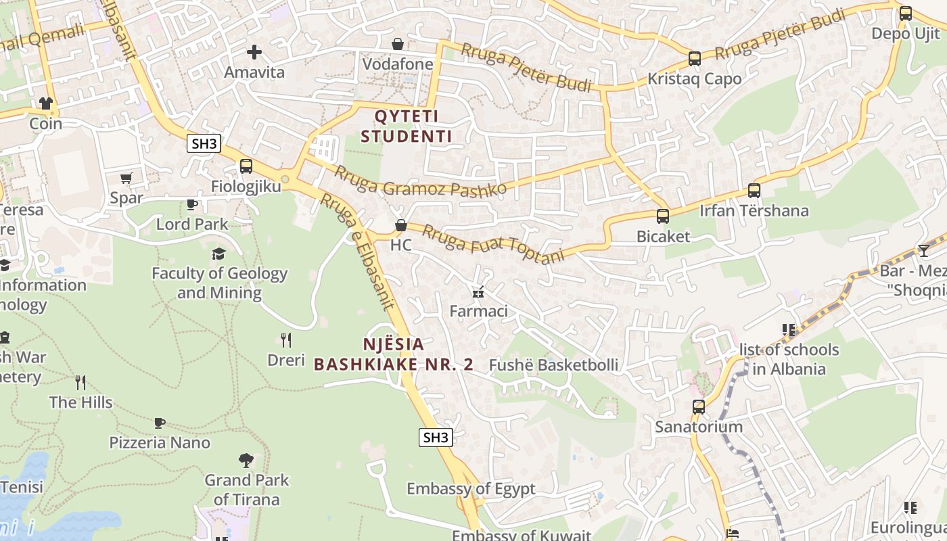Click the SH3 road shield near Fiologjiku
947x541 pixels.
[x=204, y=143]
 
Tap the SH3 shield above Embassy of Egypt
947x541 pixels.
[x=435, y=438]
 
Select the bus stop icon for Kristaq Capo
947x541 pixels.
[x=694, y=59]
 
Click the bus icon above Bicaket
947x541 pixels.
[x=663, y=216]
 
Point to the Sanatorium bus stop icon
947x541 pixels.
[x=699, y=407]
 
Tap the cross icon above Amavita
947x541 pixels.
[x=254, y=51]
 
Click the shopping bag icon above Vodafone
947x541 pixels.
[x=398, y=44]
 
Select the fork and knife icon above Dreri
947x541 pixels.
[x=286, y=339]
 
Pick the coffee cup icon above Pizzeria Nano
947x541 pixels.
[x=160, y=423]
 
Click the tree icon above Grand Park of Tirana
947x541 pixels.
[x=246, y=461]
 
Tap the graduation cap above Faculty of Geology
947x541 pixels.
[x=218, y=254]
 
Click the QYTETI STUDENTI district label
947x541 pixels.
[x=406, y=126]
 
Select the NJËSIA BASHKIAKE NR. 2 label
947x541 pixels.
[x=394, y=354]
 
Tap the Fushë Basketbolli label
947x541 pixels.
[x=553, y=365]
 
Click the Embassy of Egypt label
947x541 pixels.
[x=471, y=488]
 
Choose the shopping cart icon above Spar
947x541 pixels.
[x=126, y=178]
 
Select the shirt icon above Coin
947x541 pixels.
[x=45, y=103]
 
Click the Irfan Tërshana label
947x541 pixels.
[x=754, y=211]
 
